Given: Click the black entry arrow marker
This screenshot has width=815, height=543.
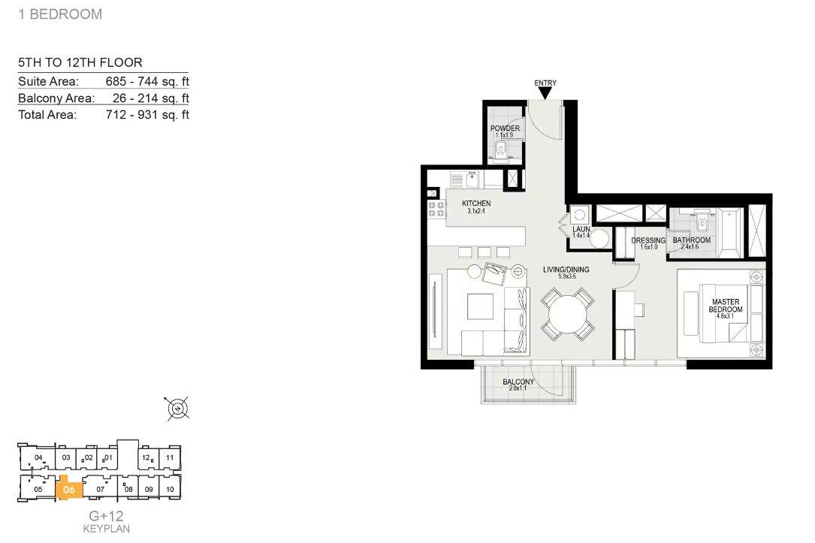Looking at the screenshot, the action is (545, 93).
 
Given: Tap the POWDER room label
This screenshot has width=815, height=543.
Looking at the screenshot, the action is (505, 128).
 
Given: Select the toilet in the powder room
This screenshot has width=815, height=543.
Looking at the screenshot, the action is (500, 149).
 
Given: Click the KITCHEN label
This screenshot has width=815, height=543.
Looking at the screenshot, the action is (476, 204).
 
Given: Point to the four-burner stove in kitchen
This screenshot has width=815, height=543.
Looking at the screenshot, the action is (436, 210).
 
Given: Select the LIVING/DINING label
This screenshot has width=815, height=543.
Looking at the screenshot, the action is (566, 270).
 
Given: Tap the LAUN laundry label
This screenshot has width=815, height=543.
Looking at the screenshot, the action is (581, 229).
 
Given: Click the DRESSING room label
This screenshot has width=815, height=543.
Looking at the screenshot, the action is (648, 240).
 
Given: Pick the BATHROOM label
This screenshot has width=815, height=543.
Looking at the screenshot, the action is (691, 240).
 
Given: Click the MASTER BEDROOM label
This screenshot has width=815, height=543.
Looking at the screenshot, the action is (726, 306).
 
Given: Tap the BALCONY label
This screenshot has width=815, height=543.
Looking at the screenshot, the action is (518, 382).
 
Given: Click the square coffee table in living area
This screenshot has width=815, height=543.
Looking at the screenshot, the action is (480, 306).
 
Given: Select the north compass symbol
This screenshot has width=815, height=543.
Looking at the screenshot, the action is (178, 409).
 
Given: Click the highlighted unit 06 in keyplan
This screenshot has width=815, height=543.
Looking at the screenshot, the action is (69, 488).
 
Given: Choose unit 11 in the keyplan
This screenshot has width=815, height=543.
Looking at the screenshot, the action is (170, 458).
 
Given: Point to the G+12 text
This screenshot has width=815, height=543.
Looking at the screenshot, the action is (106, 516).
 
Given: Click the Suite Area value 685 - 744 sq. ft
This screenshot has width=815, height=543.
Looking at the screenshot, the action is (147, 82).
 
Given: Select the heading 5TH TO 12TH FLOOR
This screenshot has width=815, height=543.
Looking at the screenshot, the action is (80, 63).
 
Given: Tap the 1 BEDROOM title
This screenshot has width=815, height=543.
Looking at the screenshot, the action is (60, 14).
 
